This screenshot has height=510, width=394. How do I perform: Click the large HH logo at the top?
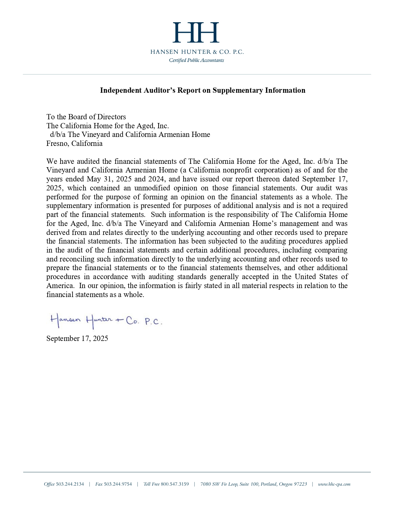point(196,32)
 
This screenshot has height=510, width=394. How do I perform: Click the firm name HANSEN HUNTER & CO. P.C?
point(197,52)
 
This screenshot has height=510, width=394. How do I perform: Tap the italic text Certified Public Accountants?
point(197,60)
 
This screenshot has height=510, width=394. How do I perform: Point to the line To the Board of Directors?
point(86,117)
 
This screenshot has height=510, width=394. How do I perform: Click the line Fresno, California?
point(74,143)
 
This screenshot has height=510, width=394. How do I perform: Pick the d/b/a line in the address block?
point(130,134)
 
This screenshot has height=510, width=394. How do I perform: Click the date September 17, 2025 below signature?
point(77,338)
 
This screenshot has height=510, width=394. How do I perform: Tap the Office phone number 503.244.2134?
point(70,484)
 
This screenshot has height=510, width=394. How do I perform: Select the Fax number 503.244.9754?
point(118,484)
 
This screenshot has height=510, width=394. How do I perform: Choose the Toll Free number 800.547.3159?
point(175,484)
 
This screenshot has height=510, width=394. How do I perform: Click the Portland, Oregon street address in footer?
point(253,484)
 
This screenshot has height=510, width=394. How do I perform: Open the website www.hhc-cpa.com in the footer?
point(334,484)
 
